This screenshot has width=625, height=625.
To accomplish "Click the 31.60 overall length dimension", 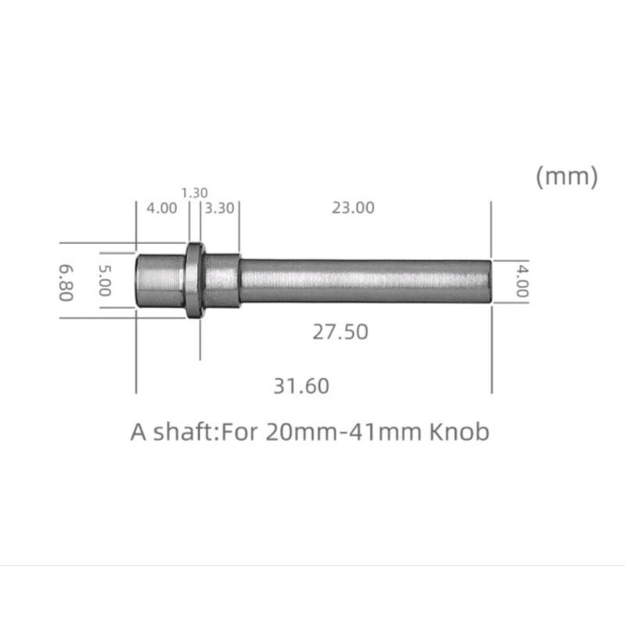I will coord(301,385).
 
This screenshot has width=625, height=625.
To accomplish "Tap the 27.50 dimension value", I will coord(341,331).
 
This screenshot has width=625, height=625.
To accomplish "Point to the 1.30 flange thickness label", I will coord(194,191).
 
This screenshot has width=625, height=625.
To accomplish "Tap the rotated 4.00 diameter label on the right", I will coord(521,281).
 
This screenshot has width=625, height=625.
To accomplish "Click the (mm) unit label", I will coord(566,177).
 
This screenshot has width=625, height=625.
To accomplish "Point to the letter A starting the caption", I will coord(138,432).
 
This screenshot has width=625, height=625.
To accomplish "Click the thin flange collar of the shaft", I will coord(195,280).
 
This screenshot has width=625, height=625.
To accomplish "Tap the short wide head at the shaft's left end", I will coord(160,280).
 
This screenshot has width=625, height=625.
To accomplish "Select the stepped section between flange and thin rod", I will coord(222,280).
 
